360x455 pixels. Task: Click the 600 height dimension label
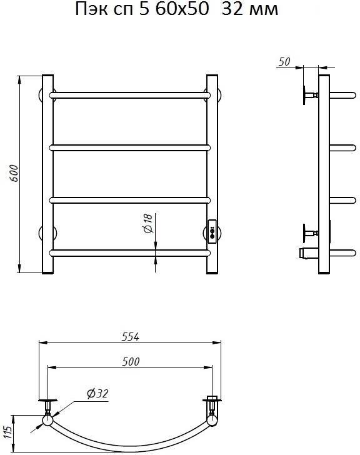click(14, 173)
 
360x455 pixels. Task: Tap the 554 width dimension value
click(131, 337)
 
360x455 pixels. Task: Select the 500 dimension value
click(131, 361)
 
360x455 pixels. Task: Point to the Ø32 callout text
click(97, 394)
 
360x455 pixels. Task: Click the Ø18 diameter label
click(148, 224)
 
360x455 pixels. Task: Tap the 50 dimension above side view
click(284, 61)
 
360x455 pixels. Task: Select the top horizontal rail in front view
click(129, 95)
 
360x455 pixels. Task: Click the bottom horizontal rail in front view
click(129, 253)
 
